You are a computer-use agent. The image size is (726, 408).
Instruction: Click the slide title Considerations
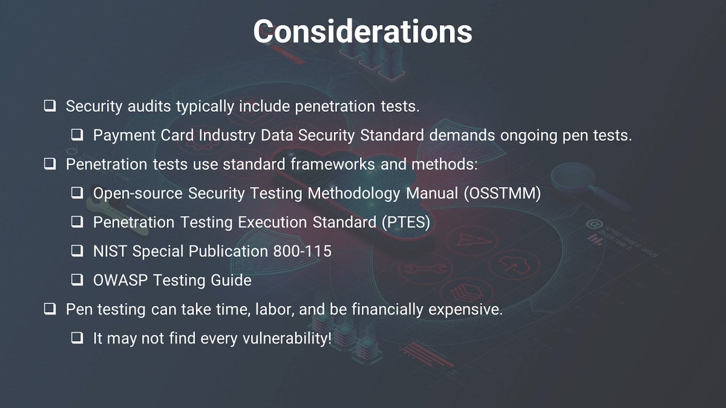362,31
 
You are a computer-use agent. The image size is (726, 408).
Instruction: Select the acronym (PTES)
406,222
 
